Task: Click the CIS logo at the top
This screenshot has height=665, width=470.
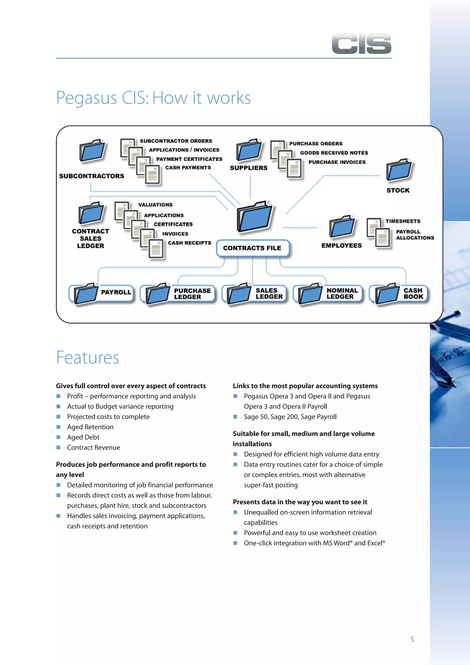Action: point(361,44)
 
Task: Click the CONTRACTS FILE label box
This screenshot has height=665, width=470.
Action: point(252,248)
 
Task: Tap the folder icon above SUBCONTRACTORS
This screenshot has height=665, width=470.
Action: point(92,151)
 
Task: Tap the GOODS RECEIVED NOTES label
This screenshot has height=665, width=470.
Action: point(334,153)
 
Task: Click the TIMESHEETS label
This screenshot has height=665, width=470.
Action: point(403,221)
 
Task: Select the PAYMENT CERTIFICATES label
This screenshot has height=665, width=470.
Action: point(189,159)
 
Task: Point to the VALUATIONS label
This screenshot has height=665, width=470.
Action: point(155,205)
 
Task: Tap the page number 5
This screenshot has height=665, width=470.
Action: point(412,639)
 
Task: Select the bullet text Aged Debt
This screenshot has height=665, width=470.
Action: point(83,437)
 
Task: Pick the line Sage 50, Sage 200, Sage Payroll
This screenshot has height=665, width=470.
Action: point(290,416)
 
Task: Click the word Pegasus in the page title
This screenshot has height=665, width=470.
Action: point(86,98)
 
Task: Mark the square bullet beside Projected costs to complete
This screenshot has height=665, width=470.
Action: point(58,416)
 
